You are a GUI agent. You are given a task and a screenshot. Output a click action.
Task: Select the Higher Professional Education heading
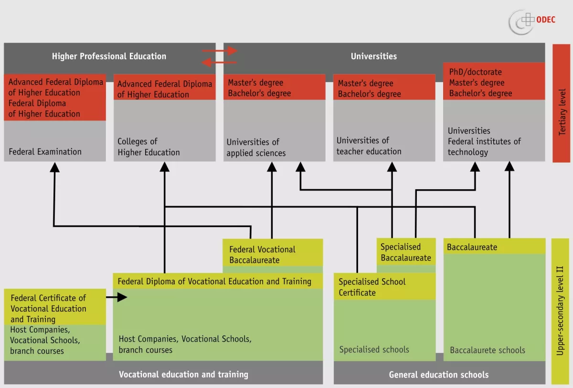(109, 56)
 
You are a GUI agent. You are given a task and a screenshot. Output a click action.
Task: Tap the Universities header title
(373, 56)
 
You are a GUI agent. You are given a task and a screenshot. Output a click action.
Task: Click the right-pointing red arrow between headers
(220, 51)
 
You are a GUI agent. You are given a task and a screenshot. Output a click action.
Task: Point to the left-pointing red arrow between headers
(219, 62)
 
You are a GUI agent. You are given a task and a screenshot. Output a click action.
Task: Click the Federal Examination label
(45, 152)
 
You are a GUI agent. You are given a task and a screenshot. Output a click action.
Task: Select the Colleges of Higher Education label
(149, 147)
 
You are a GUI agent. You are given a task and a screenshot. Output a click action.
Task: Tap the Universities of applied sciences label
(256, 148)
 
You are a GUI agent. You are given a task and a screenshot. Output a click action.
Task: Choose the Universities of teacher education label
(369, 146)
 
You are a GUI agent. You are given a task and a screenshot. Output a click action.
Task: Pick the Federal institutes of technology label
(484, 147)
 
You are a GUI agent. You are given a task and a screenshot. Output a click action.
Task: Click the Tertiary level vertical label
(562, 111)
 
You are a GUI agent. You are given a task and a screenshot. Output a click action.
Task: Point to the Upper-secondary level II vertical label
(560, 311)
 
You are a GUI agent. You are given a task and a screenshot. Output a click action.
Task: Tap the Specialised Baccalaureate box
(405, 252)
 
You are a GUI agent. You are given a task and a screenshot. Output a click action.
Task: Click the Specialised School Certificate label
(372, 287)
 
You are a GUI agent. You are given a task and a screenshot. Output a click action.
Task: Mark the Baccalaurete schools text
(487, 350)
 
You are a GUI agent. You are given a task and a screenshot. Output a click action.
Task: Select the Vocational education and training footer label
(183, 375)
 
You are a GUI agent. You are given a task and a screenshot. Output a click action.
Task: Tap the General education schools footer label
(438, 375)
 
